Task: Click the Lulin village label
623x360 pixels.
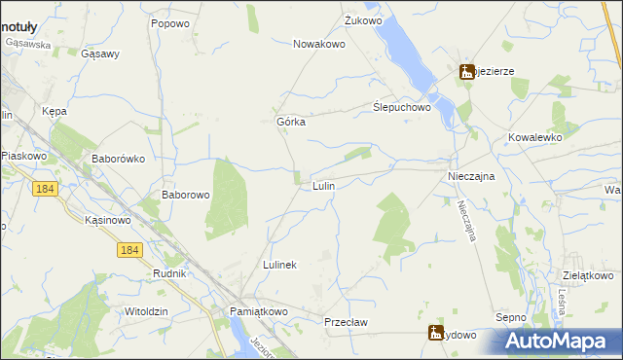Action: pyautogui.click(x=324, y=184)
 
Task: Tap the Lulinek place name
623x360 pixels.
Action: pyautogui.click(x=279, y=265)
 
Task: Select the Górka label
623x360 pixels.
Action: pyautogui.click(x=291, y=122)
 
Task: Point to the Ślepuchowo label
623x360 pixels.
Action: pyautogui.click(x=402, y=108)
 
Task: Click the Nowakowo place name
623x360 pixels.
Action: pyautogui.click(x=321, y=44)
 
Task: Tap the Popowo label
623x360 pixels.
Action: pyautogui.click(x=169, y=22)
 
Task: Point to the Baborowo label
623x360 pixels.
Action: pyautogui.click(x=186, y=195)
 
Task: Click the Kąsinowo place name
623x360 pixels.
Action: pyautogui.click(x=108, y=221)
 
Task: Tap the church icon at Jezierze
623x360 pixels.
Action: pyautogui.click(x=467, y=71)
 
